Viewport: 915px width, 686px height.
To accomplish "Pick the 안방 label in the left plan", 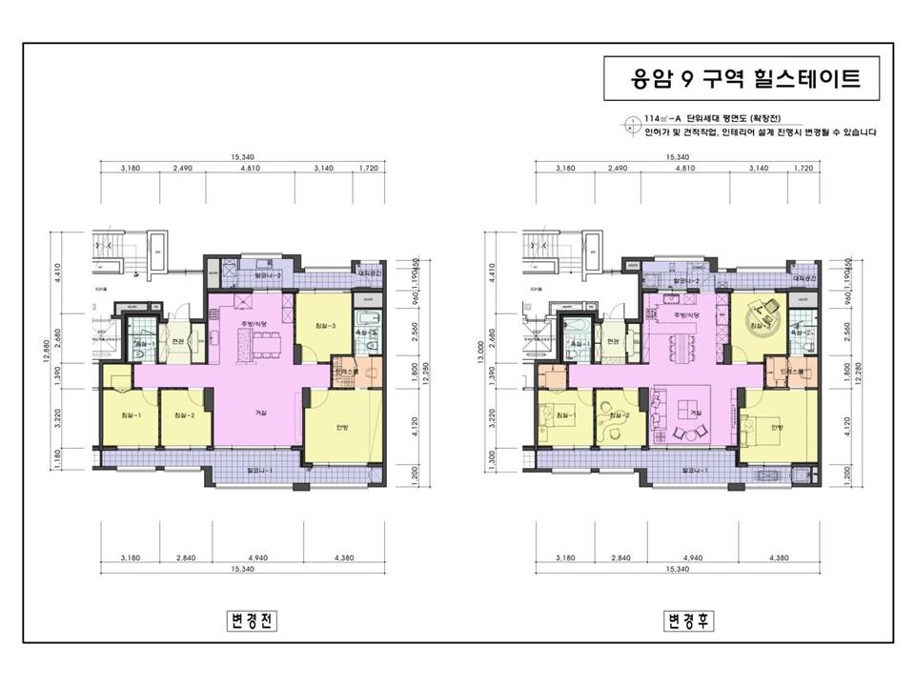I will point(342,427).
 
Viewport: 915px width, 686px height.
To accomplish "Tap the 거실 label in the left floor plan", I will point(259,413).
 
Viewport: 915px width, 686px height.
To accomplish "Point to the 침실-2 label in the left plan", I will point(184,416).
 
